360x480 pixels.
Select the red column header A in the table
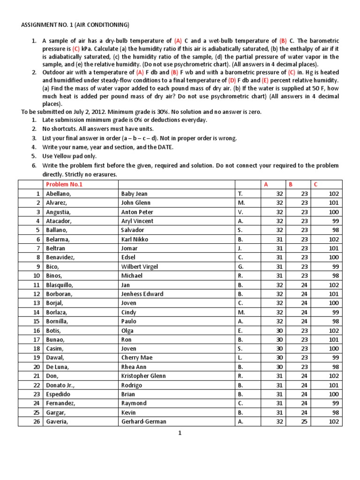click(x=266, y=185)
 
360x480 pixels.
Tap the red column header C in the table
click(x=315, y=185)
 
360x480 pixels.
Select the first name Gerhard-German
click(x=143, y=421)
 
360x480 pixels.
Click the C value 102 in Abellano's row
click(x=334, y=194)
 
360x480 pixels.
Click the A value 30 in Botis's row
click(x=279, y=330)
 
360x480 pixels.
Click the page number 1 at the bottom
click(x=180, y=434)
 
